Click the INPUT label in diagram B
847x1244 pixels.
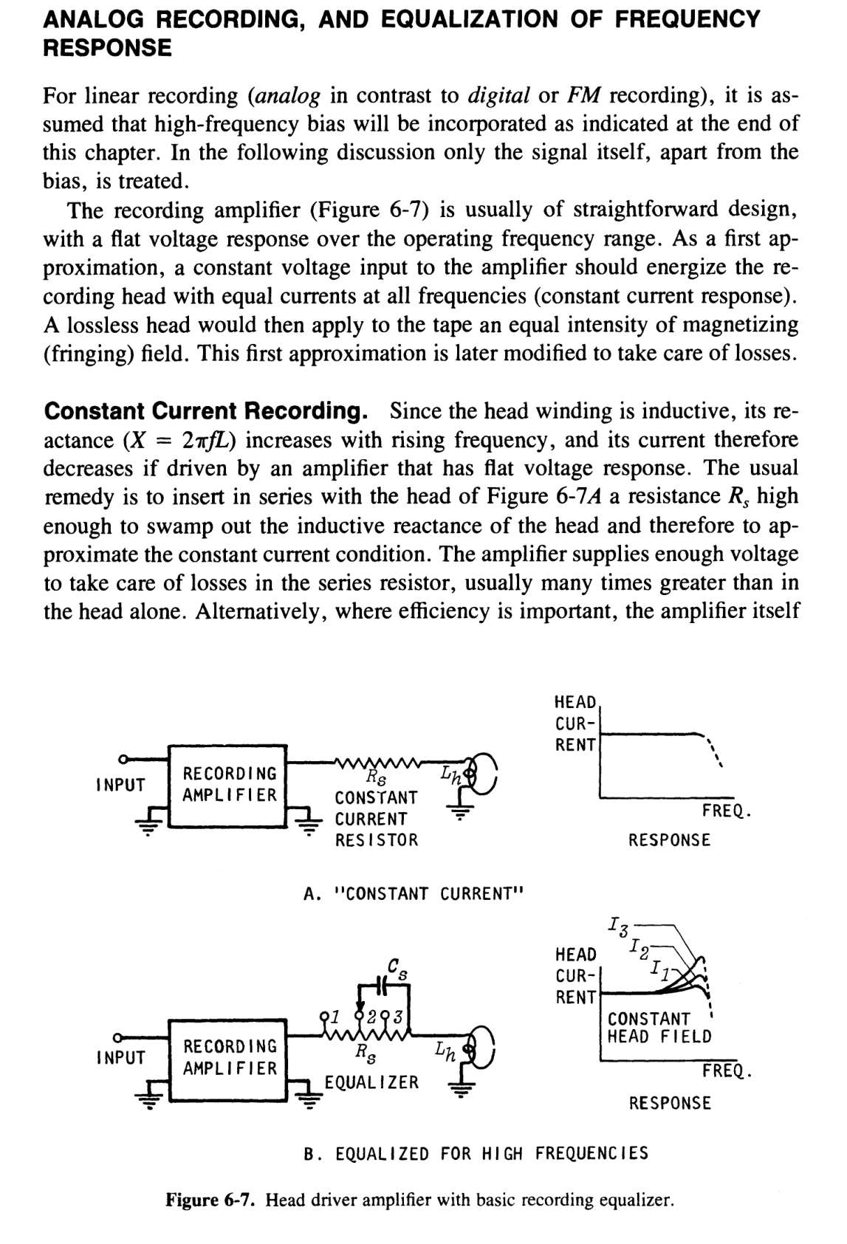click(121, 1058)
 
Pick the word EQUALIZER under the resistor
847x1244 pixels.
click(372, 1082)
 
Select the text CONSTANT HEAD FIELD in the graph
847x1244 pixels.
click(659, 1028)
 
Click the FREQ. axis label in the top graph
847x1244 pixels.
click(727, 812)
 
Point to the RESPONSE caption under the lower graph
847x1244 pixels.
click(669, 1103)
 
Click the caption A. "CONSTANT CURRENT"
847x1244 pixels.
click(413, 893)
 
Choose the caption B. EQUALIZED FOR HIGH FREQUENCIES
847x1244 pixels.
click(476, 1153)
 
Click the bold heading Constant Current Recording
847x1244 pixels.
click(207, 410)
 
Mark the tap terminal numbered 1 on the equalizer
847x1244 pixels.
click(325, 1017)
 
